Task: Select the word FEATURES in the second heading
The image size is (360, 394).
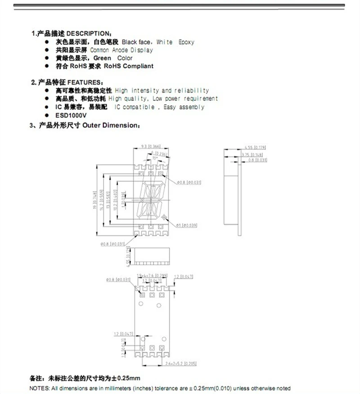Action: click(85, 82)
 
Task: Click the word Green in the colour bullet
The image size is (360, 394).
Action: click(102, 58)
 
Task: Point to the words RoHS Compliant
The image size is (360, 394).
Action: click(128, 66)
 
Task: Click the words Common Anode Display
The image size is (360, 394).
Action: click(121, 50)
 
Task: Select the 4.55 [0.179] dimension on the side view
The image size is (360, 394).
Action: click(255, 147)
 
